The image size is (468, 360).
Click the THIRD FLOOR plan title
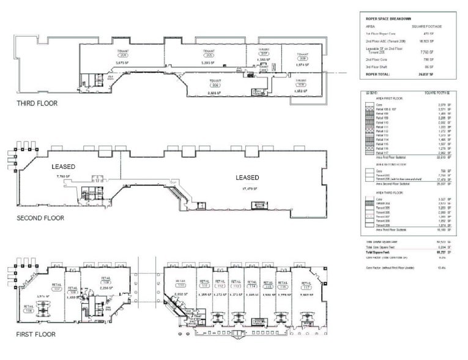37,103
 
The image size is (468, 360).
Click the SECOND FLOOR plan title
41,218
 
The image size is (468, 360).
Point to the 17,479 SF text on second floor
247,189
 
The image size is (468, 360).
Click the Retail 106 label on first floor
29,307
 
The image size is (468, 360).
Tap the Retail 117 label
305,284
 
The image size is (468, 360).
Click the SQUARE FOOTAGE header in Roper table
427,27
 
